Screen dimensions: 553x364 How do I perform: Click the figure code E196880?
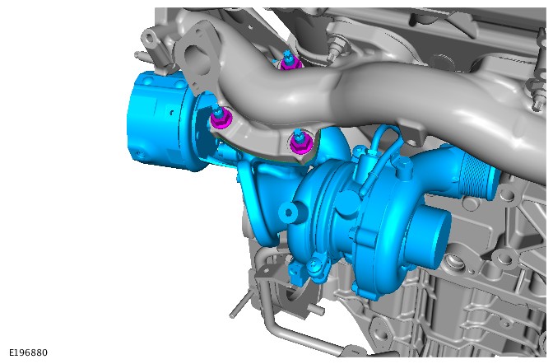pyautogui.click(x=28, y=352)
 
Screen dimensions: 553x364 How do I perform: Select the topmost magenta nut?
pyautogui.click(x=290, y=63)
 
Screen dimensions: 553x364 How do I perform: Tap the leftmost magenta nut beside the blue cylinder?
pyautogui.click(x=221, y=119)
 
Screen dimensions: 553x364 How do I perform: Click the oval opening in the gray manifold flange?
pyautogui.click(x=198, y=58)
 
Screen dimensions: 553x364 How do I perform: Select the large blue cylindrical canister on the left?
pyautogui.click(x=160, y=120)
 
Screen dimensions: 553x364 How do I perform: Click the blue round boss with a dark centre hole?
pyautogui.click(x=289, y=212)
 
